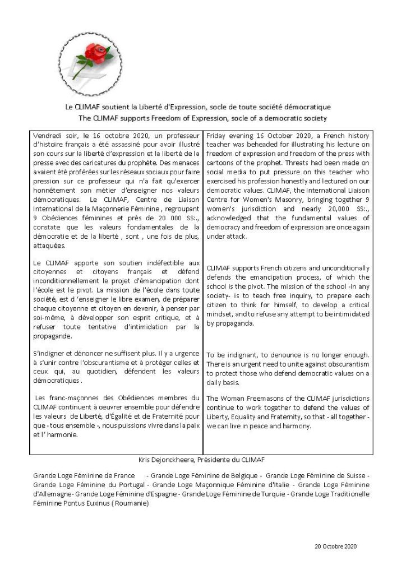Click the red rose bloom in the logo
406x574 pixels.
pos(90,54)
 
